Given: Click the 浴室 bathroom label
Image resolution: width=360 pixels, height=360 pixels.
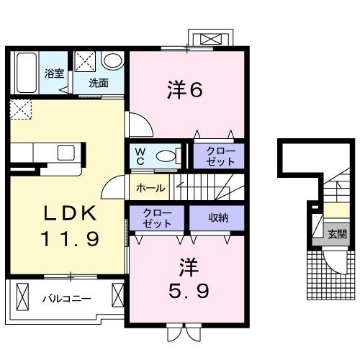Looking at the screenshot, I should click(55, 73).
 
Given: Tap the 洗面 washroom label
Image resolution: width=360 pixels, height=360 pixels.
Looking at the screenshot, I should click(99, 83).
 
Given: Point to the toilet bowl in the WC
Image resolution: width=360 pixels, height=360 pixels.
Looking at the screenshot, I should click(166, 156).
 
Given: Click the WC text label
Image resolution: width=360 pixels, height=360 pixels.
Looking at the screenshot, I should click(140, 156).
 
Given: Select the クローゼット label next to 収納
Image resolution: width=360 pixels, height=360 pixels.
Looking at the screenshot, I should click(157, 218).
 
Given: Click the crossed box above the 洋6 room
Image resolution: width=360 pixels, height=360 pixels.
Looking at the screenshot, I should click(211, 37).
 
